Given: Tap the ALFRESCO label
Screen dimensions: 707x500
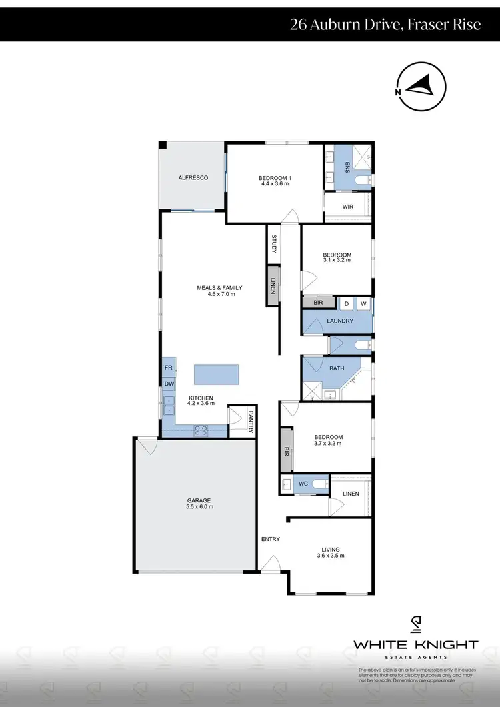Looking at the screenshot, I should click(x=193, y=178).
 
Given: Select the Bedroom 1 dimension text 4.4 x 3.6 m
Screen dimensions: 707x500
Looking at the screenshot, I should click(x=275, y=185).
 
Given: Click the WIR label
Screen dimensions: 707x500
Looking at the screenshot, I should click(x=347, y=207).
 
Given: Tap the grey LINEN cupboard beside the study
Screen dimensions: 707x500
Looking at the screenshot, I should click(x=273, y=286).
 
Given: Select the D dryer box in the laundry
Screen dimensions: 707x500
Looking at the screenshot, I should click(x=347, y=304).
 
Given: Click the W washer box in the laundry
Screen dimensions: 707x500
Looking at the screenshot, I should click(x=363, y=304).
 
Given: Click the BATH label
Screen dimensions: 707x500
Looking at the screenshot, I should click(x=337, y=368).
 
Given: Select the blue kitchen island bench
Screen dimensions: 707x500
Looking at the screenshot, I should click(x=217, y=374).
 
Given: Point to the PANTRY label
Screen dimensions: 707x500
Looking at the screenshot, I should click(x=251, y=422).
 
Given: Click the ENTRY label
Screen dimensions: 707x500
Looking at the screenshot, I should click(x=271, y=539).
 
